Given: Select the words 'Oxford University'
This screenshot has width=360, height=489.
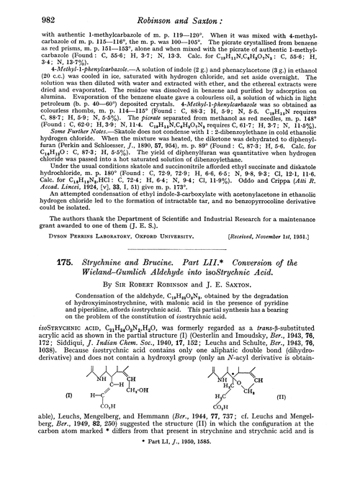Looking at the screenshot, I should [x=153, y=234].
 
